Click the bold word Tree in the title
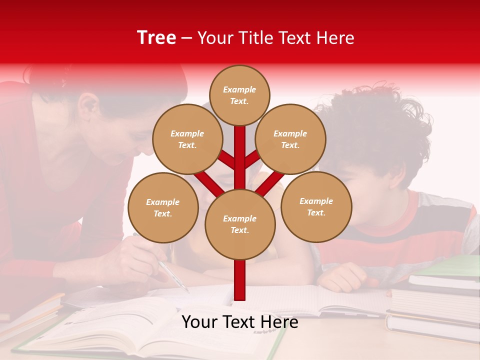click(156, 37)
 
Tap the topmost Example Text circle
click(239, 95)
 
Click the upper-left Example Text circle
click(187, 139)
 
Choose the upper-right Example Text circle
click(290, 139)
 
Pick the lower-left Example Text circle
click(163, 207)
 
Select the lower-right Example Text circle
click(316, 206)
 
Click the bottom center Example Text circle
click(240, 224)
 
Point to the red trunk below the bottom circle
click(240, 280)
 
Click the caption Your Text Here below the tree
click(239, 322)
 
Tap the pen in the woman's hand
click(172, 275)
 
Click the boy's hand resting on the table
click(345, 277)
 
